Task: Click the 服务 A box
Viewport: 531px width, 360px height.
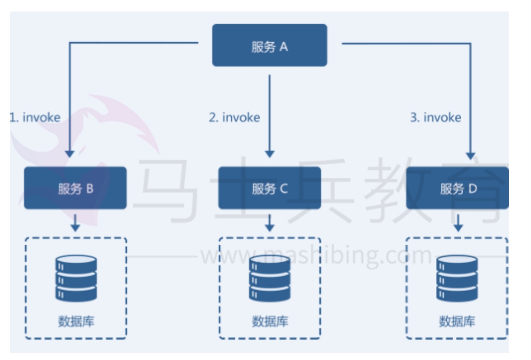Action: [269, 45]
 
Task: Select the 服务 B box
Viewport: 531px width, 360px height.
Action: [76, 188]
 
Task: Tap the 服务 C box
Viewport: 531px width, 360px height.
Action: [269, 188]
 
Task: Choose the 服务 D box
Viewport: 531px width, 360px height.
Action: [457, 188]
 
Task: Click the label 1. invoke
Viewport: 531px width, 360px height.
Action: [35, 117]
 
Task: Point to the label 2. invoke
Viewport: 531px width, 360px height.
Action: [234, 117]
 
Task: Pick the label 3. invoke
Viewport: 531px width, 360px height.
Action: [435, 117]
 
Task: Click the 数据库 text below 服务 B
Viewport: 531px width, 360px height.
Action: [76, 321]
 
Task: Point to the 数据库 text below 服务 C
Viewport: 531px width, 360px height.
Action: [269, 321]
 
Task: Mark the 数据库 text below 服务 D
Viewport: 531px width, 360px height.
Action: [457, 321]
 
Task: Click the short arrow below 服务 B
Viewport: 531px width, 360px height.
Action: [75, 223]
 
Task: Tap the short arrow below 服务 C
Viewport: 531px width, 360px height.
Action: [270, 223]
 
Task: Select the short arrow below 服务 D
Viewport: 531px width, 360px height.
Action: [458, 223]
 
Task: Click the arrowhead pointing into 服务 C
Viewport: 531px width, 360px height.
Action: [270, 154]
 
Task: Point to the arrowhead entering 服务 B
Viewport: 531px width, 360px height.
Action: [70, 154]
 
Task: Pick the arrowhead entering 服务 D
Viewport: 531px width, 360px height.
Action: [470, 155]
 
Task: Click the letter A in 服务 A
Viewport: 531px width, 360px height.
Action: [284, 47]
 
